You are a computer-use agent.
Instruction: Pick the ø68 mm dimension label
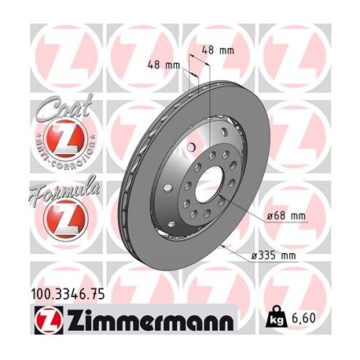coord(287,215)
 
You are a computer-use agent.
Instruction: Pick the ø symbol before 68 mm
coord(269,215)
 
